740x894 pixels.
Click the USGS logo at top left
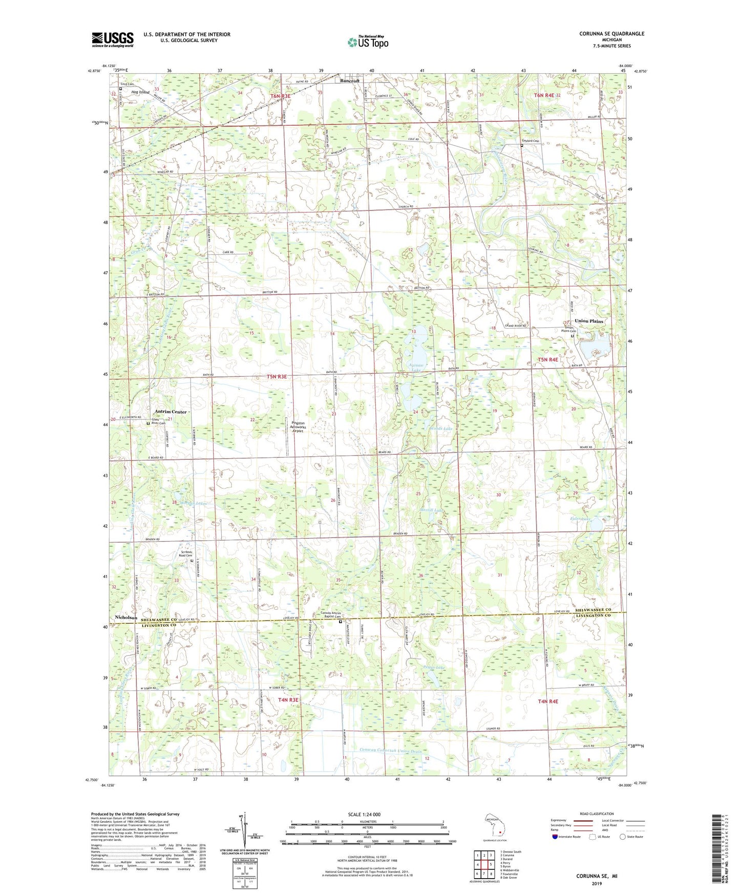click(113, 39)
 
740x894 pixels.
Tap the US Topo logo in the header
click(368, 42)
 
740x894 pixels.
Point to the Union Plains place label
click(589, 321)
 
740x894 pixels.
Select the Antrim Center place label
click(171, 412)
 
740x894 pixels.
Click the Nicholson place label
click(126, 618)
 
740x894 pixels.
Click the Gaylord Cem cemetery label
click(530, 141)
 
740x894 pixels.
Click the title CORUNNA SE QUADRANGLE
click(611, 34)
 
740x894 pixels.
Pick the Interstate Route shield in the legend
click(555, 837)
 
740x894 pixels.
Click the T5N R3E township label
click(277, 376)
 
